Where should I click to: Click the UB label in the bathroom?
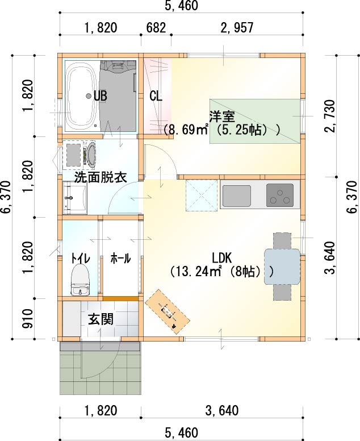click(101, 96)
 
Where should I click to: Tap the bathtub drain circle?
click(89, 96)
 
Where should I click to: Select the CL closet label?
click(156, 96)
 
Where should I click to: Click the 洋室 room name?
click(222, 117)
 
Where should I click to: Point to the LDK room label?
click(221, 257)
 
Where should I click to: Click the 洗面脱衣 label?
click(101, 178)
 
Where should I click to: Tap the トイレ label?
click(80, 258)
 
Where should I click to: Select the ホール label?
click(120, 258)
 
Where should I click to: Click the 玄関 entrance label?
click(101, 319)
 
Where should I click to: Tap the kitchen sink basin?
click(237, 196)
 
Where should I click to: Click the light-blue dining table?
click(282, 267)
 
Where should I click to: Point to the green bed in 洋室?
click(254, 121)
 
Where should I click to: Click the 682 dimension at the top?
click(156, 28)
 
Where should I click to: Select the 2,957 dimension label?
click(237, 28)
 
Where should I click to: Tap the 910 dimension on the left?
click(28, 319)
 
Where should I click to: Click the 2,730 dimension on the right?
click(330, 115)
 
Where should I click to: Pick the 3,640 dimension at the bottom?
click(221, 411)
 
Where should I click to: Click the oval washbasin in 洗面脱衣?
click(91, 155)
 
